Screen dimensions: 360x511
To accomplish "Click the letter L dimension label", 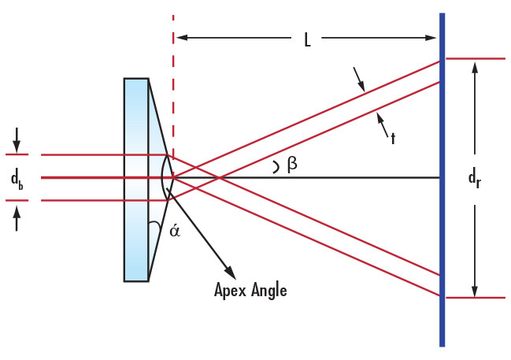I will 308,39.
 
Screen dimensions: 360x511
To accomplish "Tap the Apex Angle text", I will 250,290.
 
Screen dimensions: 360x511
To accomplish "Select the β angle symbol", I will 291,165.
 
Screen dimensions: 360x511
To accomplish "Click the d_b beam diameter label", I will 17,179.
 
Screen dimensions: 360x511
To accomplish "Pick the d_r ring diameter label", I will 475,179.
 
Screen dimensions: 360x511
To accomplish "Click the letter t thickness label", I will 392,138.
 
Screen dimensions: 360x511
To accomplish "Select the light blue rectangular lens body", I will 135,179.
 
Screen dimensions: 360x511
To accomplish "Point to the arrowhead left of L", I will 181,37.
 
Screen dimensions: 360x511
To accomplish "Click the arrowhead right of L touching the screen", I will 432,37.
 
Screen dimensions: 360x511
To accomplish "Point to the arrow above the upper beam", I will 361,84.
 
